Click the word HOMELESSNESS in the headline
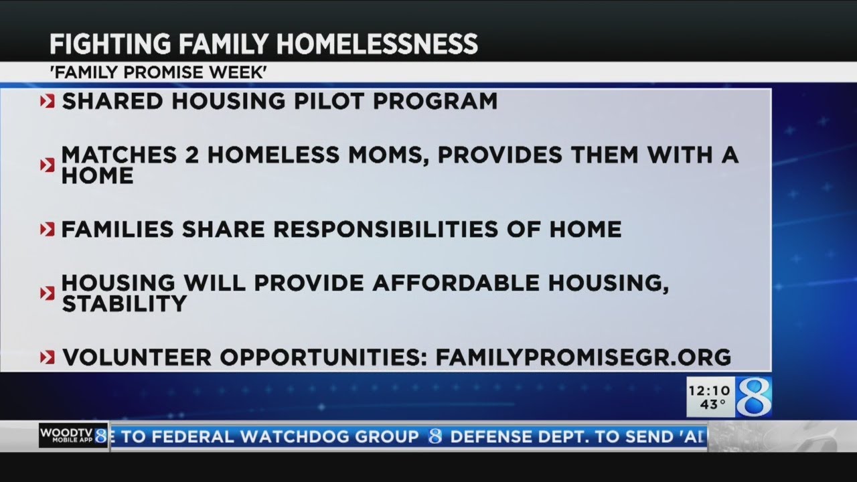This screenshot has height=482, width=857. pyautogui.click(x=378, y=44)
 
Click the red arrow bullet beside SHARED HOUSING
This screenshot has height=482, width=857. pyautogui.click(x=47, y=102)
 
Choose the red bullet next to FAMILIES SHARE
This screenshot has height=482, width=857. pyautogui.click(x=47, y=230)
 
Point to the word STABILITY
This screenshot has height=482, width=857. pyautogui.click(x=124, y=304)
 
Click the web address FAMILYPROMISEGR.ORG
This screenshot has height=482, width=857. pyautogui.click(x=583, y=357)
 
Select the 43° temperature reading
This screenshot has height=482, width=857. pyautogui.click(x=712, y=404)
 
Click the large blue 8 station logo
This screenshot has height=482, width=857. pyautogui.click(x=754, y=397)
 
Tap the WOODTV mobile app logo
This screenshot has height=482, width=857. pyautogui.click(x=72, y=436)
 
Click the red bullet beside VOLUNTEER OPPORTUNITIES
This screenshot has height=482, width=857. pyautogui.click(x=47, y=357)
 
